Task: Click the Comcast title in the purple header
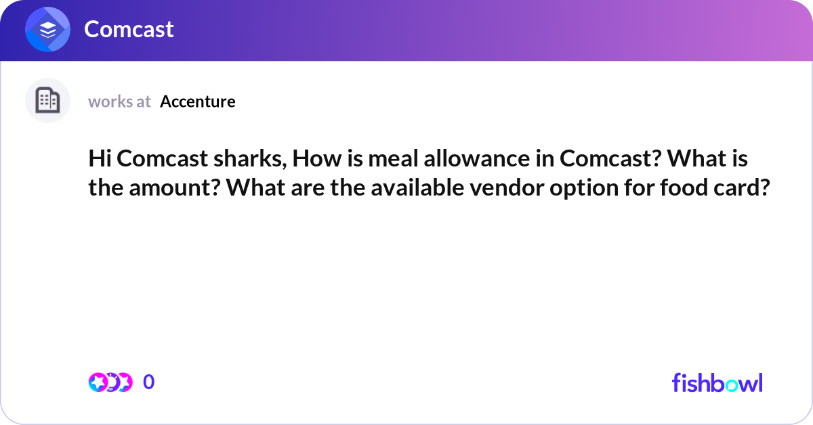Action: point(129,29)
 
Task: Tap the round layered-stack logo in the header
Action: point(47,30)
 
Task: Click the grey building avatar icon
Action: point(47,101)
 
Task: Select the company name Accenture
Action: point(198,102)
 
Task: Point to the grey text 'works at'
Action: point(119,102)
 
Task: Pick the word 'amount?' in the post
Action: point(172,187)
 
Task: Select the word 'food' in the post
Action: point(683,187)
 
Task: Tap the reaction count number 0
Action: point(149,382)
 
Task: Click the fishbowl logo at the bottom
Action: point(717,382)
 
